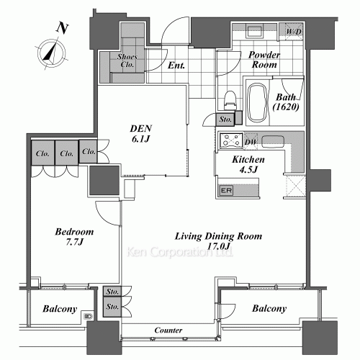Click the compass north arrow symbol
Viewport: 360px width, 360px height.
[51, 53]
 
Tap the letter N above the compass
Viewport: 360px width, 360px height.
[63, 28]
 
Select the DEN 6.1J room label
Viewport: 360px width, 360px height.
[141, 133]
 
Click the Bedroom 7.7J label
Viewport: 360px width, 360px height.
[74, 237]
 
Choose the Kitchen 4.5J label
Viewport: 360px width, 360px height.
[248, 164]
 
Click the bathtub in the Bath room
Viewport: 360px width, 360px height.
[257, 103]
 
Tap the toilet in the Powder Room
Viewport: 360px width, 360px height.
[230, 101]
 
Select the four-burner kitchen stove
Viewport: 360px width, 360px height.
[231, 140]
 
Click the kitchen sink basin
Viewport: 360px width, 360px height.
[273, 142]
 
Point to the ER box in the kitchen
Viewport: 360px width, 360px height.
[226, 191]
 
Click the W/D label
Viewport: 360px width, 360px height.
[294, 32]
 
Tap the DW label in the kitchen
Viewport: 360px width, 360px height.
[251, 142]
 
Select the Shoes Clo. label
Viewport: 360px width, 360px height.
[127, 60]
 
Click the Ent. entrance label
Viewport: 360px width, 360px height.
[176, 66]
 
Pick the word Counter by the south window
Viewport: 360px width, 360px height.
[168, 330]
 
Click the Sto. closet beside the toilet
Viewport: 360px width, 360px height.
[225, 120]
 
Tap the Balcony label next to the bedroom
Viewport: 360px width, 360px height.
[60, 309]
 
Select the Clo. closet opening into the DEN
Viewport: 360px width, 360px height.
[89, 152]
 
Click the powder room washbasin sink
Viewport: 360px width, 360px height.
[254, 31]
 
